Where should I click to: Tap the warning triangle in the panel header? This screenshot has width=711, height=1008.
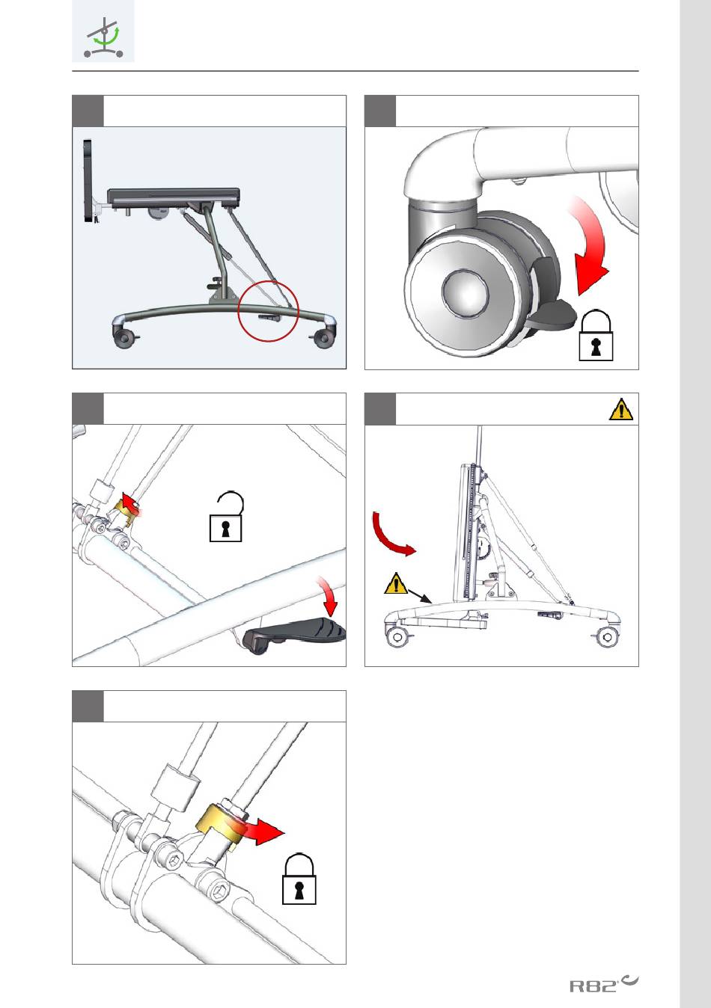tap(620, 409)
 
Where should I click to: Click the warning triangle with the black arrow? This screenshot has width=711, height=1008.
tap(395, 583)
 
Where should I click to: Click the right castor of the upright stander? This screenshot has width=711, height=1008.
tap(606, 636)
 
